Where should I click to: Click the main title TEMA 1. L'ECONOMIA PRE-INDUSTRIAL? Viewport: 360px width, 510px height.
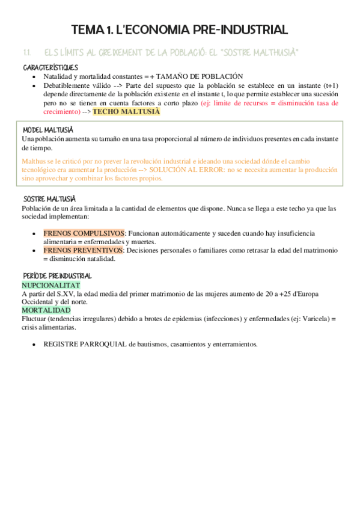tap(180, 29)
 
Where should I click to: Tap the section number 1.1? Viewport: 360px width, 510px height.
tap(26, 53)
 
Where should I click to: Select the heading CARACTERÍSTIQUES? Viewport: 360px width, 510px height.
tap(50, 67)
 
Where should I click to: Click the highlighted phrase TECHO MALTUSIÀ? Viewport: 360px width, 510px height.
tap(126, 112)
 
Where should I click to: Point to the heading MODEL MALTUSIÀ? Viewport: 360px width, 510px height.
tap(47, 131)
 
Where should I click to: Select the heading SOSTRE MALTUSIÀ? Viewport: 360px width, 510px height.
tap(49, 199)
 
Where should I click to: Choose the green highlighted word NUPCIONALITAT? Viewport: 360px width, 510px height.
tap(50, 284)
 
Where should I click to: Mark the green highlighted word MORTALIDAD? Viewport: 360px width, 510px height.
tap(46, 310)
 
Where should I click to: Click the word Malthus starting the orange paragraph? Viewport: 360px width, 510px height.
tap(34, 162)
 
